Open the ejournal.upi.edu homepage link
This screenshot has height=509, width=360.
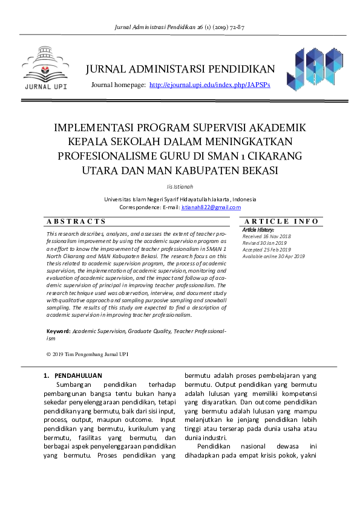[x=209, y=85]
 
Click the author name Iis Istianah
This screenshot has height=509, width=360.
[x=180, y=186]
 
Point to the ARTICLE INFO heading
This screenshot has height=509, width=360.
[x=281, y=222]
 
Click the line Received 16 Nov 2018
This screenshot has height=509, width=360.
[x=267, y=236]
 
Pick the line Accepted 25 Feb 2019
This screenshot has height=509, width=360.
[x=267, y=250]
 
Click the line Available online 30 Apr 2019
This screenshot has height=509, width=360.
[x=273, y=256]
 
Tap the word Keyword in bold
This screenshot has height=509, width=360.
[x=59, y=332]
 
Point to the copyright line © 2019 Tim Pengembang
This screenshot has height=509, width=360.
[x=87, y=354]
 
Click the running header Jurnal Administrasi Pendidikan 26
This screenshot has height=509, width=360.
[x=180, y=28]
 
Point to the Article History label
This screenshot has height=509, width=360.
[x=258, y=230]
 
